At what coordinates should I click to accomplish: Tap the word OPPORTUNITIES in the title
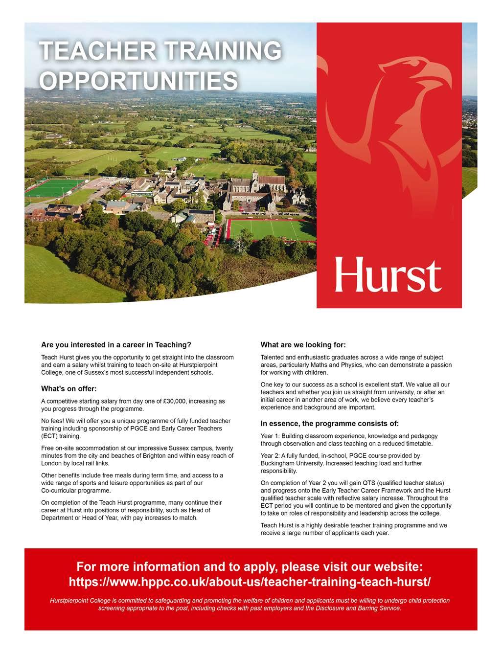point(138,81)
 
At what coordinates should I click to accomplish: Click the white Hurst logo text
point(388,275)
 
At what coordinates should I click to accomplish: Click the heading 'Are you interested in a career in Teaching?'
point(116,345)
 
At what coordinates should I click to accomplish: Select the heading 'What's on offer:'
point(69,389)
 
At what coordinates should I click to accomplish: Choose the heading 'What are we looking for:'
point(303,345)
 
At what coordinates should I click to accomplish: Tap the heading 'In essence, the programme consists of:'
point(329,423)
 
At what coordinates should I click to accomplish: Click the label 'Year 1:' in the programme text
point(271,436)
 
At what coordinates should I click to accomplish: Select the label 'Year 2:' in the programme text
point(271,455)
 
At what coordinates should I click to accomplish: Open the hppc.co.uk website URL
point(250,582)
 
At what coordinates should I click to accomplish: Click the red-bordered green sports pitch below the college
point(272,229)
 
